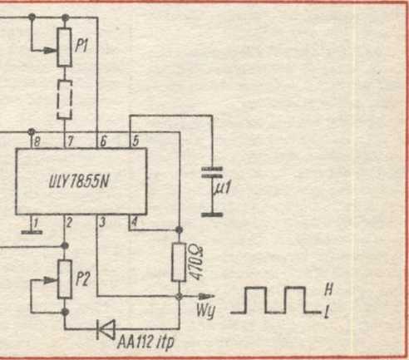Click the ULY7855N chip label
click(78, 182)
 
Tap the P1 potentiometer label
click(81, 46)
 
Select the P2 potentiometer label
click(83, 279)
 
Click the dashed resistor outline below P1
click(65, 100)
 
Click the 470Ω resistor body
click(179, 262)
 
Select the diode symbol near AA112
click(106, 329)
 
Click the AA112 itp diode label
click(145, 343)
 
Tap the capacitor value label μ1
click(222, 187)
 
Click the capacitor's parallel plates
click(212, 172)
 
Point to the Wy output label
click(205, 310)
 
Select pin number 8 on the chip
click(37, 141)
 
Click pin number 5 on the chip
click(136, 141)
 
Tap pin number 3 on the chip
click(102, 222)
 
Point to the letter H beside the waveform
click(328, 290)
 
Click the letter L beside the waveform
click(327, 313)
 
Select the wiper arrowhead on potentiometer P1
click(51, 51)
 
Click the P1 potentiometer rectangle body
click(64, 47)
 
